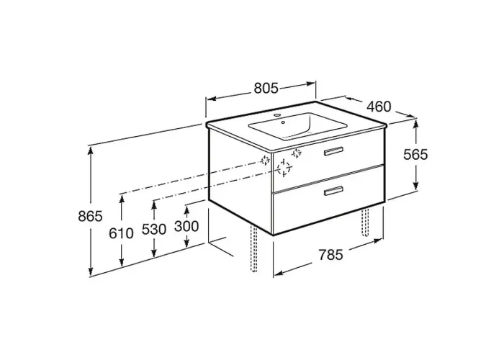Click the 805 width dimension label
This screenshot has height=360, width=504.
tap(266, 88)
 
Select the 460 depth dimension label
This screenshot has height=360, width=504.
tap(379, 107)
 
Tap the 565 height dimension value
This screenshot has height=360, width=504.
tap(415, 155)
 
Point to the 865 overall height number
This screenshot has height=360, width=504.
tap(90, 216)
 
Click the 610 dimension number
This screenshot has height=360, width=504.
tap(121, 233)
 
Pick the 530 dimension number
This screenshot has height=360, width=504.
tap(154, 229)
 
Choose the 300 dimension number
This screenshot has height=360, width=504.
tap(186, 226)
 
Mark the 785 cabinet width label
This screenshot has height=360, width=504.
tap(331, 255)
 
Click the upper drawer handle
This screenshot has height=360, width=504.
tap(333, 151)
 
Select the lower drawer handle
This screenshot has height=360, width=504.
tap(333, 191)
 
